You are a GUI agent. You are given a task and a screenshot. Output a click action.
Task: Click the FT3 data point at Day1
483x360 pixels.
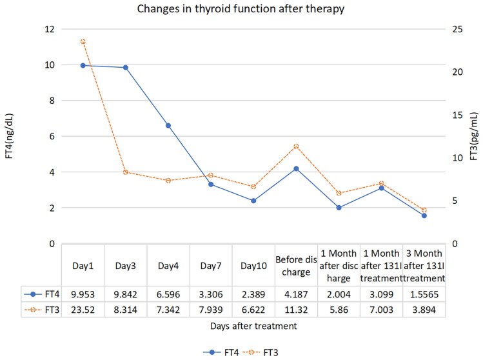(83, 41)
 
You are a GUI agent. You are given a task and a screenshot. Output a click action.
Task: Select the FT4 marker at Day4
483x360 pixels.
(168, 126)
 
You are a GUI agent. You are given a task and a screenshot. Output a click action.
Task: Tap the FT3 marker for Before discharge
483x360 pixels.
(296, 146)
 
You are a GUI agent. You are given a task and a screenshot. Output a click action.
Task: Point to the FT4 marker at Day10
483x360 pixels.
(253, 201)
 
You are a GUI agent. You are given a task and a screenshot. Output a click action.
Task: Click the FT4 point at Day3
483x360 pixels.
(125, 68)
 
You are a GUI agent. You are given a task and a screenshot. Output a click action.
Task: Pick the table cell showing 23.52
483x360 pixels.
(83, 310)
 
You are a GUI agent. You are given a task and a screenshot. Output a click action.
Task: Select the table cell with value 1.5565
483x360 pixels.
(424, 293)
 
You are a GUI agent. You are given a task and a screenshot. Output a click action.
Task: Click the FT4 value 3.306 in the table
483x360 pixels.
(211, 293)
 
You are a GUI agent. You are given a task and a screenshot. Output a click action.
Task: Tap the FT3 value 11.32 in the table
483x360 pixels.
(296, 310)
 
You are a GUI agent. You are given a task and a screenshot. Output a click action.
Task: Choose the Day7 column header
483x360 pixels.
(211, 265)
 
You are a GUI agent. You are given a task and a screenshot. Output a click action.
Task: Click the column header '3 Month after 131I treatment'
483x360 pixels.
(424, 265)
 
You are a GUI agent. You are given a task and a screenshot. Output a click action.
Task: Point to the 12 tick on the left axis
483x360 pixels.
(49, 29)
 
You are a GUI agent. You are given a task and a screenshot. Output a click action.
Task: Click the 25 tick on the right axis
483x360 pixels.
(456, 29)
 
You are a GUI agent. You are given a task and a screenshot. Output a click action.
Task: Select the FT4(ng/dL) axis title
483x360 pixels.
(10, 136)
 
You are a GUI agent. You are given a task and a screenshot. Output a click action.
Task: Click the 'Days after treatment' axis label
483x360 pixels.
(253, 326)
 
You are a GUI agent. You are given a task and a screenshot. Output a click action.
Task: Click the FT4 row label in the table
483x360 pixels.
(41, 293)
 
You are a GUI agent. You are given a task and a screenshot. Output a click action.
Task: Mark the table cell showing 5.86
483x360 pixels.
(339, 310)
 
